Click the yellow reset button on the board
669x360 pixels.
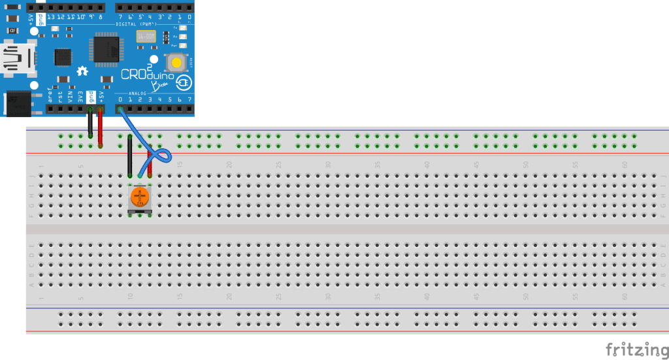coord(176,63)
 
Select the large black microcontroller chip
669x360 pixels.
coord(105,49)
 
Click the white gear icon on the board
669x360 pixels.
coord(83,71)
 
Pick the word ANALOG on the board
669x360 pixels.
coord(138,93)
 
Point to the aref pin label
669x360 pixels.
coord(50,98)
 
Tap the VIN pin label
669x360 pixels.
coord(71,98)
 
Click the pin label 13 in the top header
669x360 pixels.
coord(50,16)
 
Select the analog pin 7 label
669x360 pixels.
coord(189,100)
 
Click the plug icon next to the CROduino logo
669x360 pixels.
coord(184,84)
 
